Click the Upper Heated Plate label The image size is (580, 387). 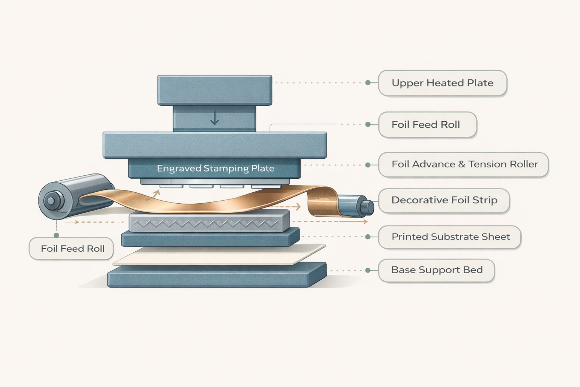tap(443, 83)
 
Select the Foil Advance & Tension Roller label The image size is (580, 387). tap(463, 165)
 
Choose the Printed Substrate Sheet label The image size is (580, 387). tap(449, 237)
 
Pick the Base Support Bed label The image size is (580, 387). tap(437, 270)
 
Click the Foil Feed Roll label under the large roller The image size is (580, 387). tap(71, 249)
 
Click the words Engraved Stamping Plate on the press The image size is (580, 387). tap(216, 169)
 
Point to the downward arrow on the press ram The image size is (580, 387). tap(214, 118)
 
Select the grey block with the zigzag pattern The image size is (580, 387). tap(209, 221)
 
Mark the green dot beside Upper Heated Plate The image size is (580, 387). tap(368, 83)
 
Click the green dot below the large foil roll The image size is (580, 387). tap(56, 235)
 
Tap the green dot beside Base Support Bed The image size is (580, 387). tap(367, 270)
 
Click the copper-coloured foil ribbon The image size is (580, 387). tap(207, 201)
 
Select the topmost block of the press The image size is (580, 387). tap(214, 90)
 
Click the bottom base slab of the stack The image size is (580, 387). tap(217, 275)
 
